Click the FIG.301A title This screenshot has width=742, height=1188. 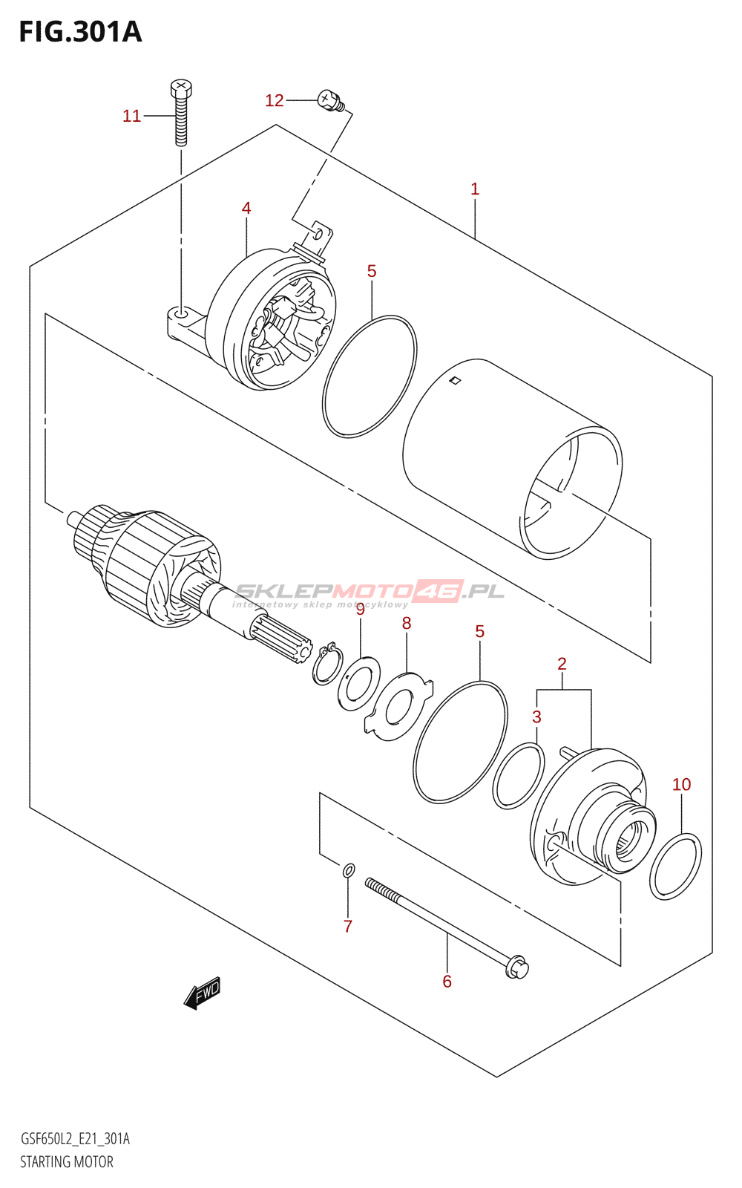pos(80,32)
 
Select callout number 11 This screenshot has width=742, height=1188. pos(131,116)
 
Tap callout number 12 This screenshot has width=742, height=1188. pos(274,100)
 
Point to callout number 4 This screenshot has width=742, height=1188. pos(246,208)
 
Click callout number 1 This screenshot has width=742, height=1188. pos(475,189)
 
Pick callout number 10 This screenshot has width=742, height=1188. pos(681,784)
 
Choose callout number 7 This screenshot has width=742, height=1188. pos(347,926)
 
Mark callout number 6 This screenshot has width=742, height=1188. pos(447,981)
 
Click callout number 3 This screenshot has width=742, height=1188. pos(536,717)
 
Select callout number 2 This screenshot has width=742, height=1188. pos(562,664)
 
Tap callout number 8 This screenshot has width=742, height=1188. pos(407,623)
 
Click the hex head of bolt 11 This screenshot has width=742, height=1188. pos(180,89)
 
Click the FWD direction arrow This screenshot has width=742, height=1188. pos(203,993)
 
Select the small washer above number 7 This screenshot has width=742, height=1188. pos(348,869)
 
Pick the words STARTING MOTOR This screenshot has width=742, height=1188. pos(67,1162)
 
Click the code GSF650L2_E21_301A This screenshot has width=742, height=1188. pos(75,1139)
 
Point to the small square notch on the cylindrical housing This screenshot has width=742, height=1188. pos(456,382)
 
